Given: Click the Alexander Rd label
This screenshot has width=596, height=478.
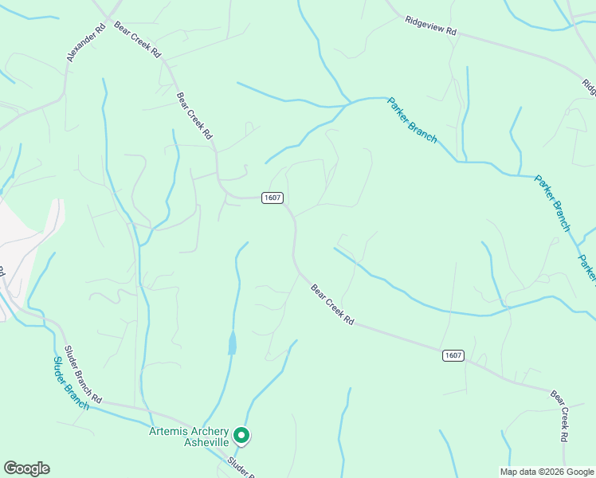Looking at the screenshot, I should (x=87, y=42).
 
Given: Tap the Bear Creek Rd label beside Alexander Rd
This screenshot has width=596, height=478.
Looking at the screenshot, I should (x=137, y=39).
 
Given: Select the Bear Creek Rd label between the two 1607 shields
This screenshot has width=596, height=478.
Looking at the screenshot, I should (x=332, y=305).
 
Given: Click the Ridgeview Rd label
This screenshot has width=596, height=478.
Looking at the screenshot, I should (x=430, y=25).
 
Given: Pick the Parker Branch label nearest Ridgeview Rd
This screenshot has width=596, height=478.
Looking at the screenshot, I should (x=412, y=119).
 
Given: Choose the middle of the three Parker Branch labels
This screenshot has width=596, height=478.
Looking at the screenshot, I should (x=552, y=203).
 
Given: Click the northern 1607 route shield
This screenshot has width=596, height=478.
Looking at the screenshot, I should (x=273, y=198).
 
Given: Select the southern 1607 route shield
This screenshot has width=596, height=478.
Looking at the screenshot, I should (x=453, y=355).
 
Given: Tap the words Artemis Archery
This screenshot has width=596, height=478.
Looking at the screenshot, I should (x=189, y=431).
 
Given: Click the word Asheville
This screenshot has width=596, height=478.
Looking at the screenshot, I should (x=206, y=442).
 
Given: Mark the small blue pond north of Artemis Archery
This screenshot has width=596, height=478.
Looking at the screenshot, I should (x=232, y=343).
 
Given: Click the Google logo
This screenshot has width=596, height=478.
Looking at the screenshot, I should (x=26, y=468).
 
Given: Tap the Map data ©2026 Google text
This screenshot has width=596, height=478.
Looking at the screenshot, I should (x=547, y=472).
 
